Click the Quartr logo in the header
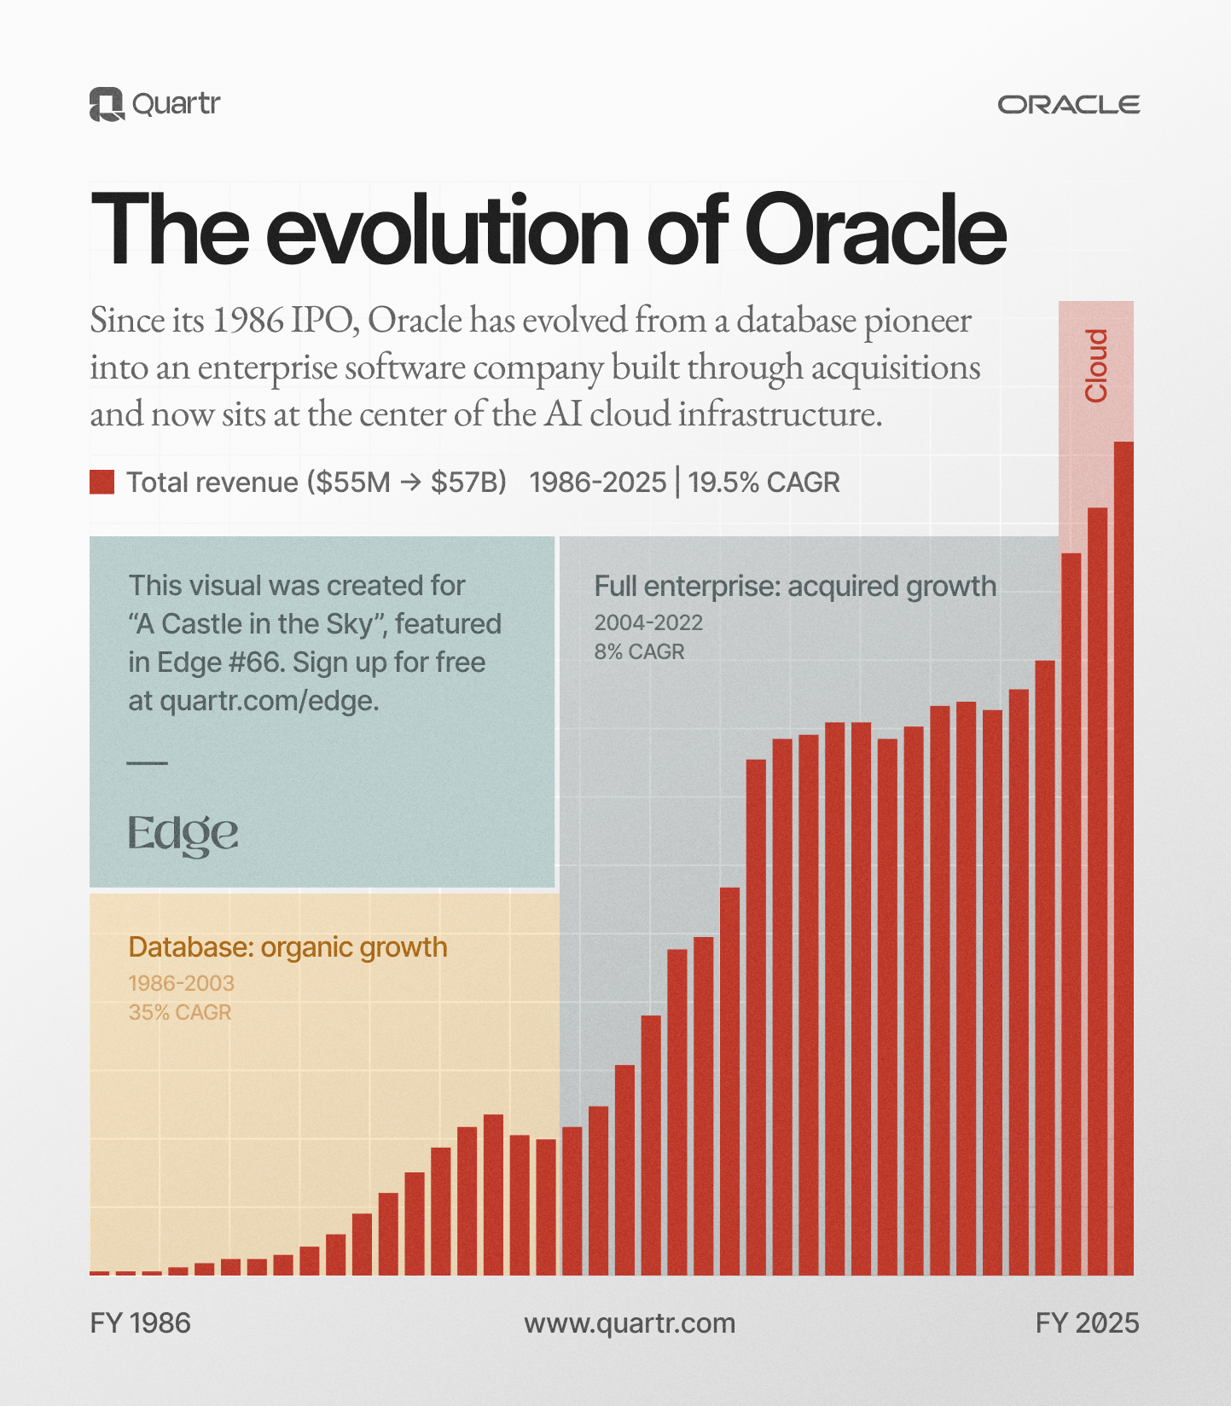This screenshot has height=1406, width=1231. click(x=154, y=104)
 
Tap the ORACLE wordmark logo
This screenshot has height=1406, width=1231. click(x=1068, y=105)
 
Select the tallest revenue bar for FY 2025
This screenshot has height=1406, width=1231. click(x=1124, y=857)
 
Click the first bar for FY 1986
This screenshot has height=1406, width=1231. click(x=100, y=1273)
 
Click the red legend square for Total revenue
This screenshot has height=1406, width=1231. click(x=102, y=482)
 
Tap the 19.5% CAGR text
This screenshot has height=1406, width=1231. click(x=764, y=483)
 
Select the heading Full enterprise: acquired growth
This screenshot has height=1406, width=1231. click(x=794, y=587)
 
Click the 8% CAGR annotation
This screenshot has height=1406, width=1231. click(x=639, y=652)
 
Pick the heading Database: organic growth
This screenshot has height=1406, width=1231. click(x=287, y=947)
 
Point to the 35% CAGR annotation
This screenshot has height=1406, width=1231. click(x=180, y=1013)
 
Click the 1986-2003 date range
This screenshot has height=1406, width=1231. click(x=181, y=983)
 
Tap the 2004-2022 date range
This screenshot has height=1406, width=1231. click(x=648, y=622)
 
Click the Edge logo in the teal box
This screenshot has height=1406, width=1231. click(x=183, y=834)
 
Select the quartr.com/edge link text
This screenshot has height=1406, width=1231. click(x=269, y=701)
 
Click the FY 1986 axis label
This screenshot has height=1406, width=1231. click(x=140, y=1323)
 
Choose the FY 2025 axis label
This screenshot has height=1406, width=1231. click(x=1087, y=1323)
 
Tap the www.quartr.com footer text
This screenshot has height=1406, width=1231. click(x=630, y=1323)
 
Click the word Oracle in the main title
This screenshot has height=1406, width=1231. click(x=875, y=230)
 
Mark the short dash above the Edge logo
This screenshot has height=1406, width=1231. click(x=147, y=763)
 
